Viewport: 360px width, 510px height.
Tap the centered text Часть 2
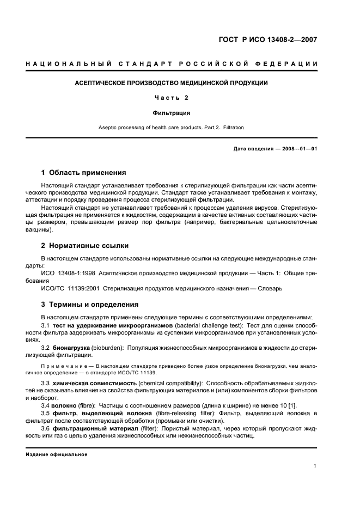[171, 98]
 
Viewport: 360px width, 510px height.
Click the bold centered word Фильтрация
[171, 113]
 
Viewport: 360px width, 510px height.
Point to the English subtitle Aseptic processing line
[171, 127]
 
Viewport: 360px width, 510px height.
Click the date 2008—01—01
[298, 149]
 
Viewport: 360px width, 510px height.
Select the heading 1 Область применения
[84, 173]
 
